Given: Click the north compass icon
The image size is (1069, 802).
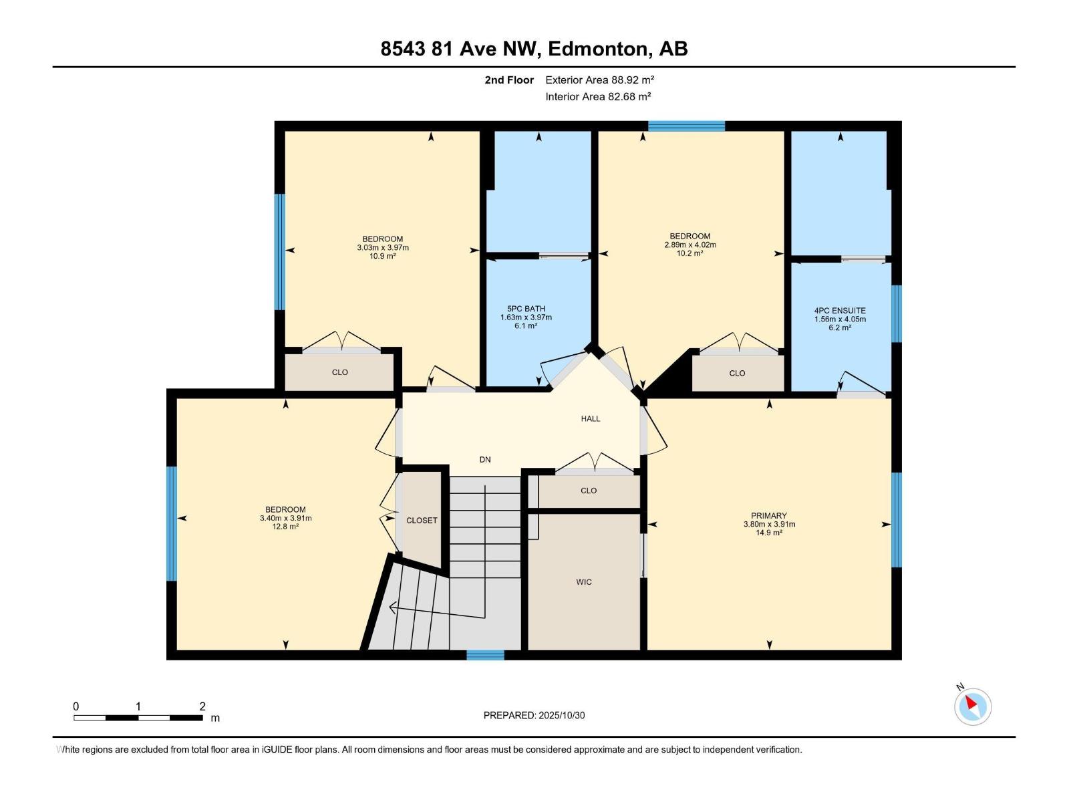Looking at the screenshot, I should point(972,706).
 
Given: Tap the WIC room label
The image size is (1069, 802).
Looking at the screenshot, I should point(584,582).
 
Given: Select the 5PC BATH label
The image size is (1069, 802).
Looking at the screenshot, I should point(526,309).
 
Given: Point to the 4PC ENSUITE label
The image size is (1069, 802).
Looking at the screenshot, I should point(840,311).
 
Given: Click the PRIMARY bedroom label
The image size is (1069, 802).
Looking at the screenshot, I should point(769,516).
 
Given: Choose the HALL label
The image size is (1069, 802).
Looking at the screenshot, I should point(591,419).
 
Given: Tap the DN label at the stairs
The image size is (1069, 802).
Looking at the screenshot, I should point(485,460).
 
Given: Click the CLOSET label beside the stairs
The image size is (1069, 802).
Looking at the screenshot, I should point(422,521).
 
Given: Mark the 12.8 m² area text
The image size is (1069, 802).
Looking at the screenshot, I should point(285,527).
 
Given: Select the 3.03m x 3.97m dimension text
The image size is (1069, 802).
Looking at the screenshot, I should point(383,248).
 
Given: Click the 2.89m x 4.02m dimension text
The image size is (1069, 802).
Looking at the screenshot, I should point(690,245).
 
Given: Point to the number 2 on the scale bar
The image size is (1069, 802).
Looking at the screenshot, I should point(202,706).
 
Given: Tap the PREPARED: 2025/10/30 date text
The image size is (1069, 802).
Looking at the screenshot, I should point(534,715).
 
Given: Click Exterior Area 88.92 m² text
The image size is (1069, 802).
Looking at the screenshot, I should point(599,80).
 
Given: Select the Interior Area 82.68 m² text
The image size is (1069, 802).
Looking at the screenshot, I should point(598,96).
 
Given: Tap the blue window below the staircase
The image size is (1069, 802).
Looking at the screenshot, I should point(485,655).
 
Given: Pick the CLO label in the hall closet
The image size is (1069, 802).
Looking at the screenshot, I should point(589,491).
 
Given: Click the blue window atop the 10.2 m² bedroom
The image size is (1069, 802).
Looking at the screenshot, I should point(686,126).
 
